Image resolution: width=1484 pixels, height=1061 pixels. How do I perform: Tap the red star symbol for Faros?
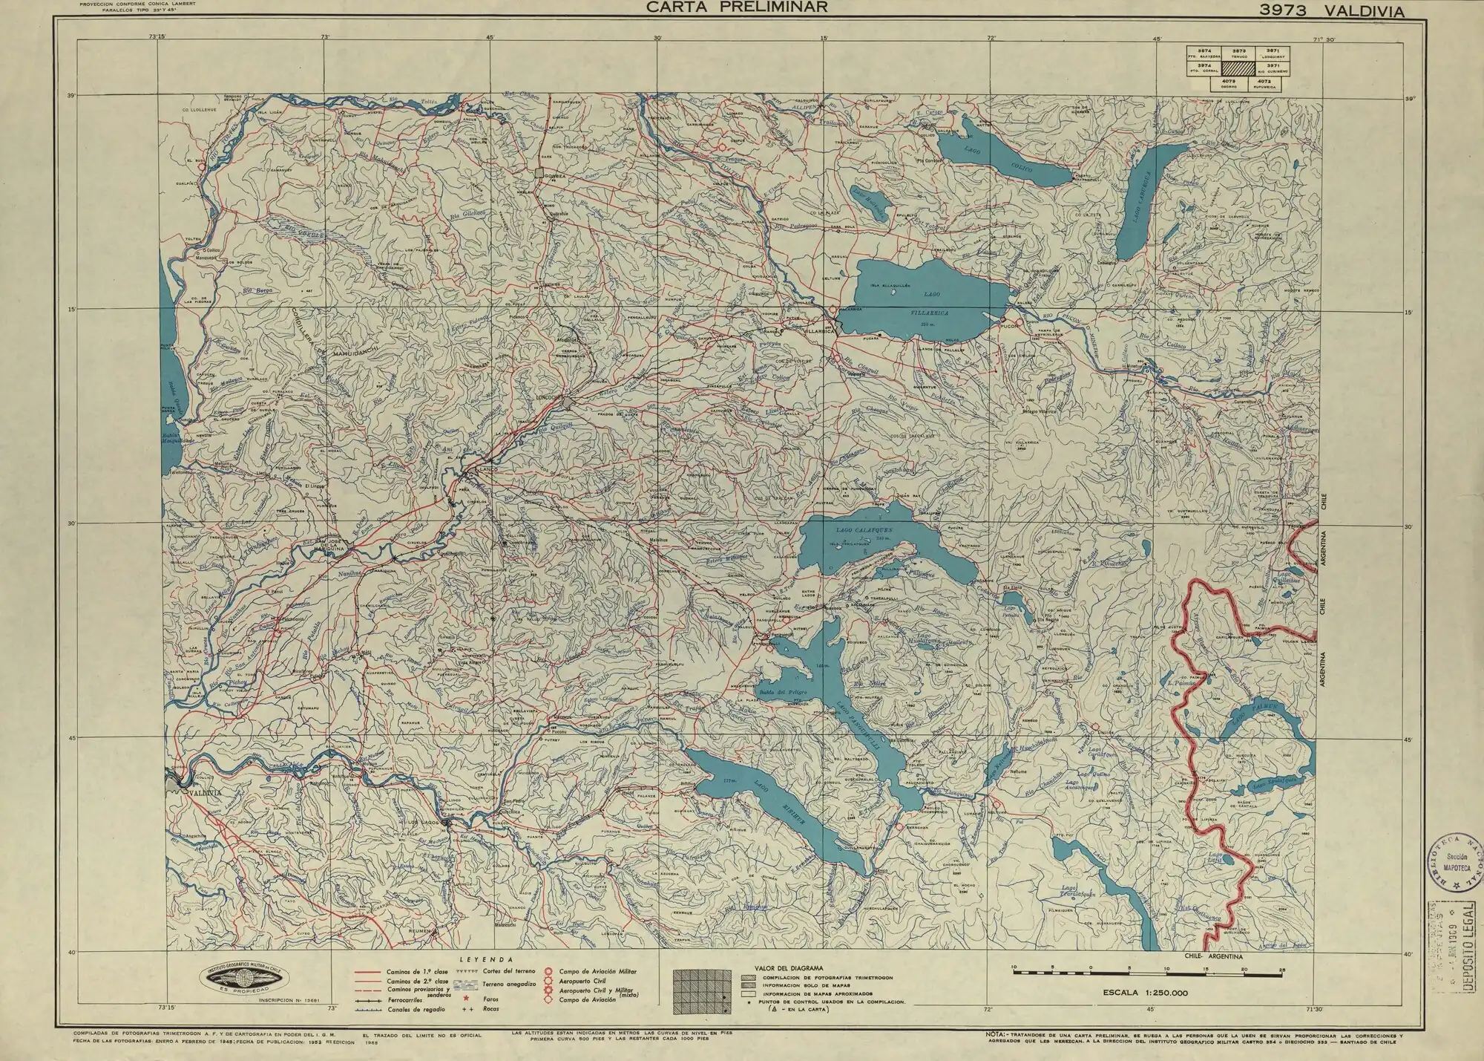pos(466,999)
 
